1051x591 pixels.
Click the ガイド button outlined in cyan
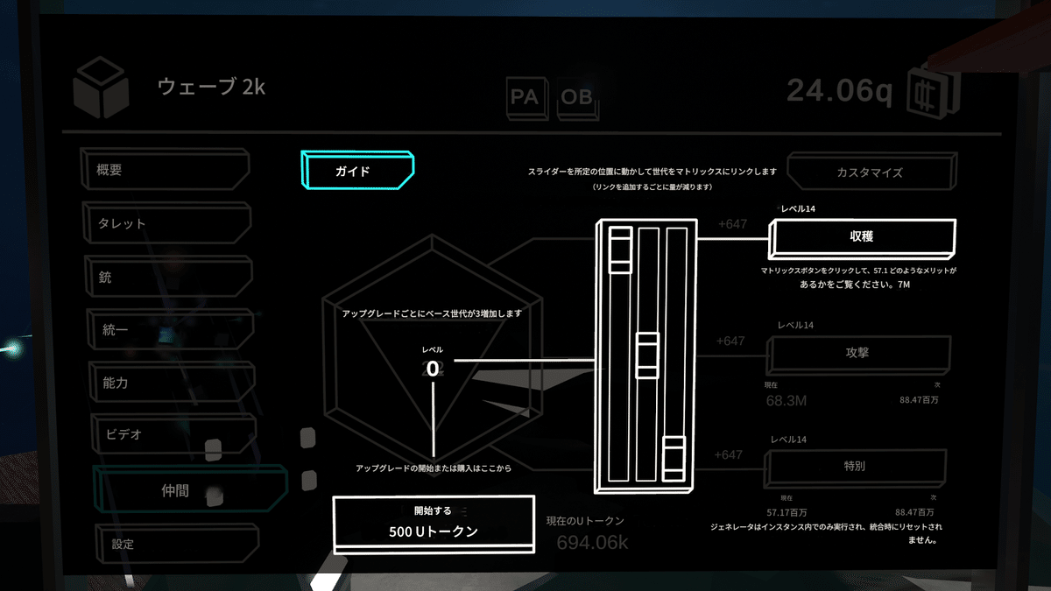click(x=356, y=170)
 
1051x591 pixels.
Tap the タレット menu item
click(x=167, y=223)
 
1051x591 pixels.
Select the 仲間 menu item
click(x=187, y=491)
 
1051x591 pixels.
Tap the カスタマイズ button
click(x=868, y=172)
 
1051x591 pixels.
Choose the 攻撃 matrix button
click(x=857, y=353)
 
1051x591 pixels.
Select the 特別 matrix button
click(x=855, y=466)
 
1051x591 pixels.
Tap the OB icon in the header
click(x=576, y=97)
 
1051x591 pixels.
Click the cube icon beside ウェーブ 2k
click(x=101, y=88)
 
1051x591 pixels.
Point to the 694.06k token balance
click(x=593, y=542)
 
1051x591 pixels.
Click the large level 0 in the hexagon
click(x=433, y=368)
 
